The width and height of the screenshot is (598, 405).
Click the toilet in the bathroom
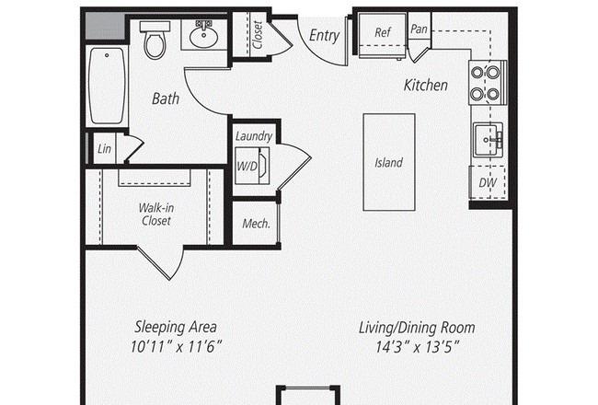(x=155, y=40)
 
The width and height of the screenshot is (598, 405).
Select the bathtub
(x=107, y=86)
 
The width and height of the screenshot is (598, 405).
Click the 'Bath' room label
(x=166, y=98)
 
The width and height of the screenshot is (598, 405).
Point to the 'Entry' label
(x=324, y=35)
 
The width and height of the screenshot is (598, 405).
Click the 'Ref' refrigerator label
(x=383, y=32)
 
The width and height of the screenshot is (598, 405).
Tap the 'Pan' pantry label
(x=419, y=29)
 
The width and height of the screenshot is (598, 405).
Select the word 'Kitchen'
(x=426, y=85)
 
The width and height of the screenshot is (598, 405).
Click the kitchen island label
(x=388, y=163)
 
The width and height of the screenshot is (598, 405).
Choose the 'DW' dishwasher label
(x=488, y=182)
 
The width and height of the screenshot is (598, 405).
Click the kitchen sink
(x=488, y=140)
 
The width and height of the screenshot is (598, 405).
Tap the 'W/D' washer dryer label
(x=247, y=166)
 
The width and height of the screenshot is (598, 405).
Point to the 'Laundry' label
(x=254, y=136)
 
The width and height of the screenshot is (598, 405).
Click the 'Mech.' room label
(x=257, y=224)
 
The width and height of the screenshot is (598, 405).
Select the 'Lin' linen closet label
(x=104, y=148)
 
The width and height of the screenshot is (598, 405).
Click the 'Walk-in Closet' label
(x=156, y=214)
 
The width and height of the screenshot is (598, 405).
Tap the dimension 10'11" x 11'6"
(x=176, y=347)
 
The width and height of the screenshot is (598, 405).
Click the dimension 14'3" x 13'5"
(x=418, y=347)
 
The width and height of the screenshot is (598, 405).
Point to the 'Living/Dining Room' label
(x=417, y=328)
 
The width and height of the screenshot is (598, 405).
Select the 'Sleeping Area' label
(x=176, y=327)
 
